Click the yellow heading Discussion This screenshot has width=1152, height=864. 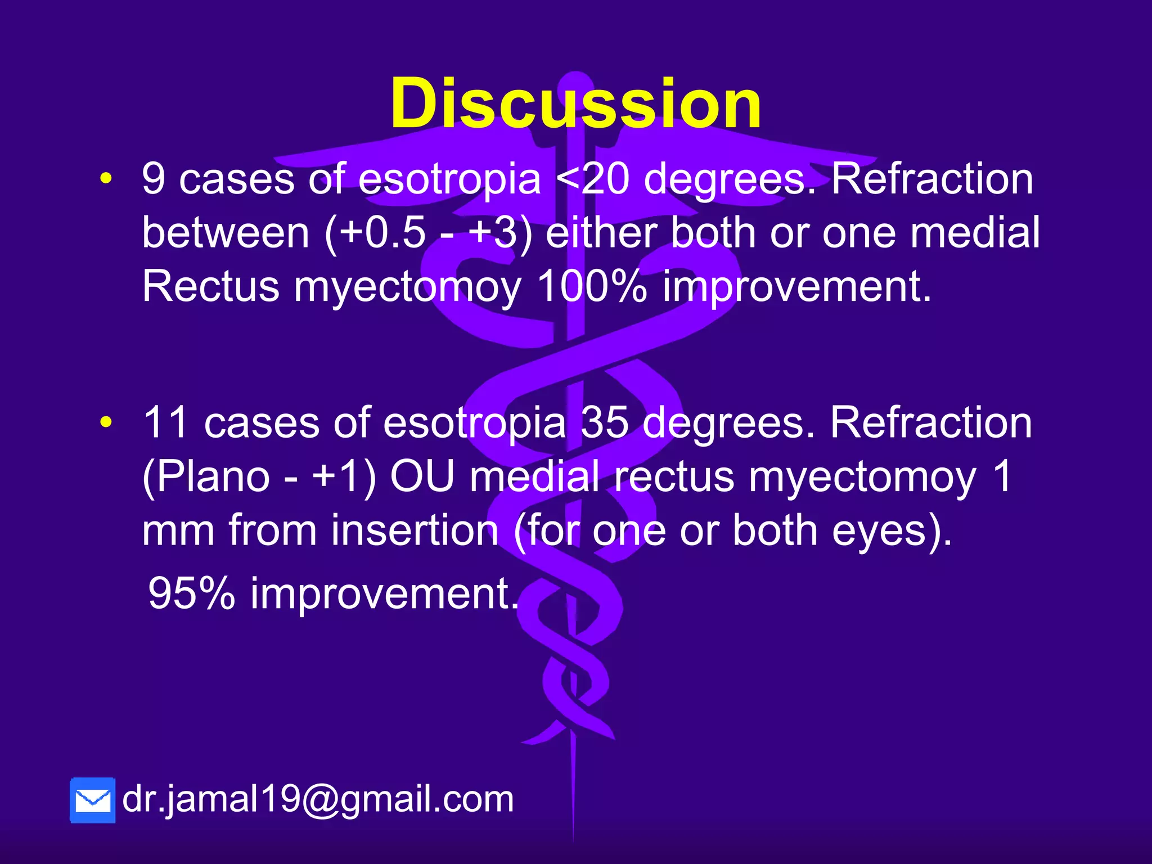click(x=575, y=104)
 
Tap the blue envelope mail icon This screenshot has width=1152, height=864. click(x=93, y=800)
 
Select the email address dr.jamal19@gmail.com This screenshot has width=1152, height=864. click(x=318, y=799)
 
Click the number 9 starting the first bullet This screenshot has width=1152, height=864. click(x=154, y=179)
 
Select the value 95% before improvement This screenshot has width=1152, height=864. click(x=191, y=593)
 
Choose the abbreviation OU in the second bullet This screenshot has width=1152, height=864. click(x=422, y=476)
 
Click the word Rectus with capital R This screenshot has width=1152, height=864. click(x=210, y=286)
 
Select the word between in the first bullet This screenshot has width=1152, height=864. click(x=226, y=233)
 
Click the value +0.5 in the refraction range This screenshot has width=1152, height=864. click(x=382, y=233)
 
